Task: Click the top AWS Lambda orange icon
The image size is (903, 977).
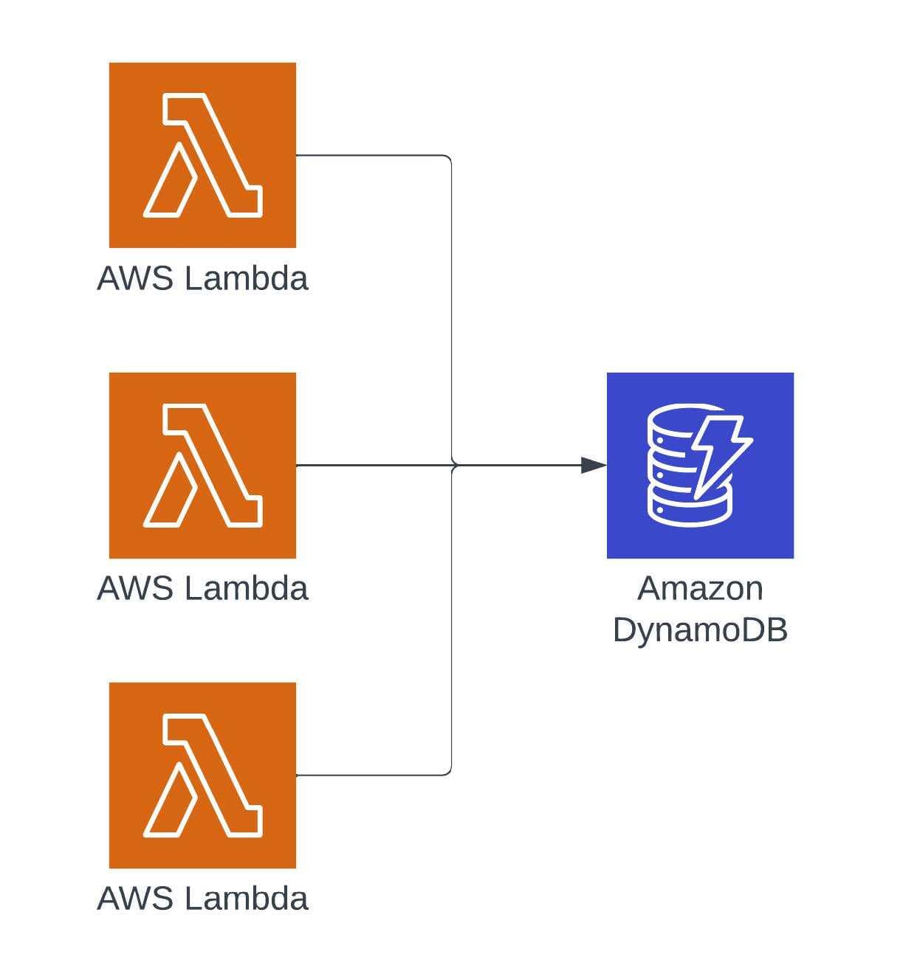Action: click(x=202, y=155)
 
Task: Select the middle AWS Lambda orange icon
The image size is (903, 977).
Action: click(x=202, y=465)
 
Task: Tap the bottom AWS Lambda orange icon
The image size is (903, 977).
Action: click(x=202, y=775)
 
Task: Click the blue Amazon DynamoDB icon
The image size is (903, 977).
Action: click(x=700, y=465)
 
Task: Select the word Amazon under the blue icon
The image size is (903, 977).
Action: click(x=700, y=589)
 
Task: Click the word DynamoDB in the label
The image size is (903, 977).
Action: click(x=700, y=629)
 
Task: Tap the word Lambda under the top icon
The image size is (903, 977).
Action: click(x=246, y=279)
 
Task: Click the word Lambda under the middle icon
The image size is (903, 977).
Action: click(x=246, y=589)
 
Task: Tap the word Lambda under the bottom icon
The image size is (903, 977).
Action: click(x=246, y=899)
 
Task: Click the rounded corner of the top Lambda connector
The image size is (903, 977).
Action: click(x=448, y=158)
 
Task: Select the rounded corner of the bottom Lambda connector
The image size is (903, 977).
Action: click(x=448, y=772)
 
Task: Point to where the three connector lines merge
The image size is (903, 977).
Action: click(x=452, y=465)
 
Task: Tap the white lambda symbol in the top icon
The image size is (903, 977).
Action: click(x=203, y=155)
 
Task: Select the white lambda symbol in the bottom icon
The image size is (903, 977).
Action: click(x=203, y=775)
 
